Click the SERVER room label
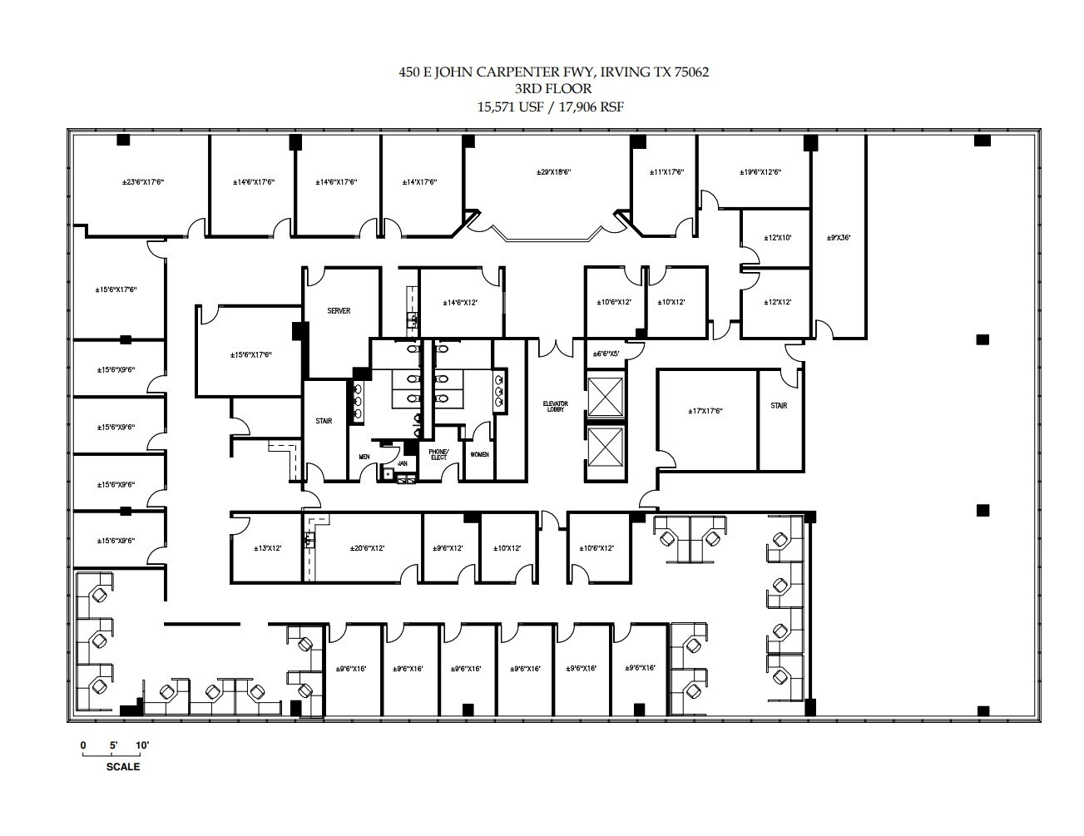(339, 311)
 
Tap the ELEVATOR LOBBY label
(556, 407)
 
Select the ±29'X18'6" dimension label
(554, 172)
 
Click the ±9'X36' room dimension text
(839, 237)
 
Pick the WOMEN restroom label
(479, 454)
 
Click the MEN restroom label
(364, 457)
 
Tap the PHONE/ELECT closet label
(438, 454)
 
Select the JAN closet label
(403, 463)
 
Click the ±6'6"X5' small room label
(606, 354)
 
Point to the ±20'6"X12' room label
(367, 548)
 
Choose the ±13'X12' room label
(267, 548)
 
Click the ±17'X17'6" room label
(705, 411)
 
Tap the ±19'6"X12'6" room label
(760, 172)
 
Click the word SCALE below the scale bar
(123, 767)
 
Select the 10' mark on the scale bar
(141, 745)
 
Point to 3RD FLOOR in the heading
(553, 89)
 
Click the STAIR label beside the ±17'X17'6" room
(779, 406)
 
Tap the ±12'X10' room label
(777, 238)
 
